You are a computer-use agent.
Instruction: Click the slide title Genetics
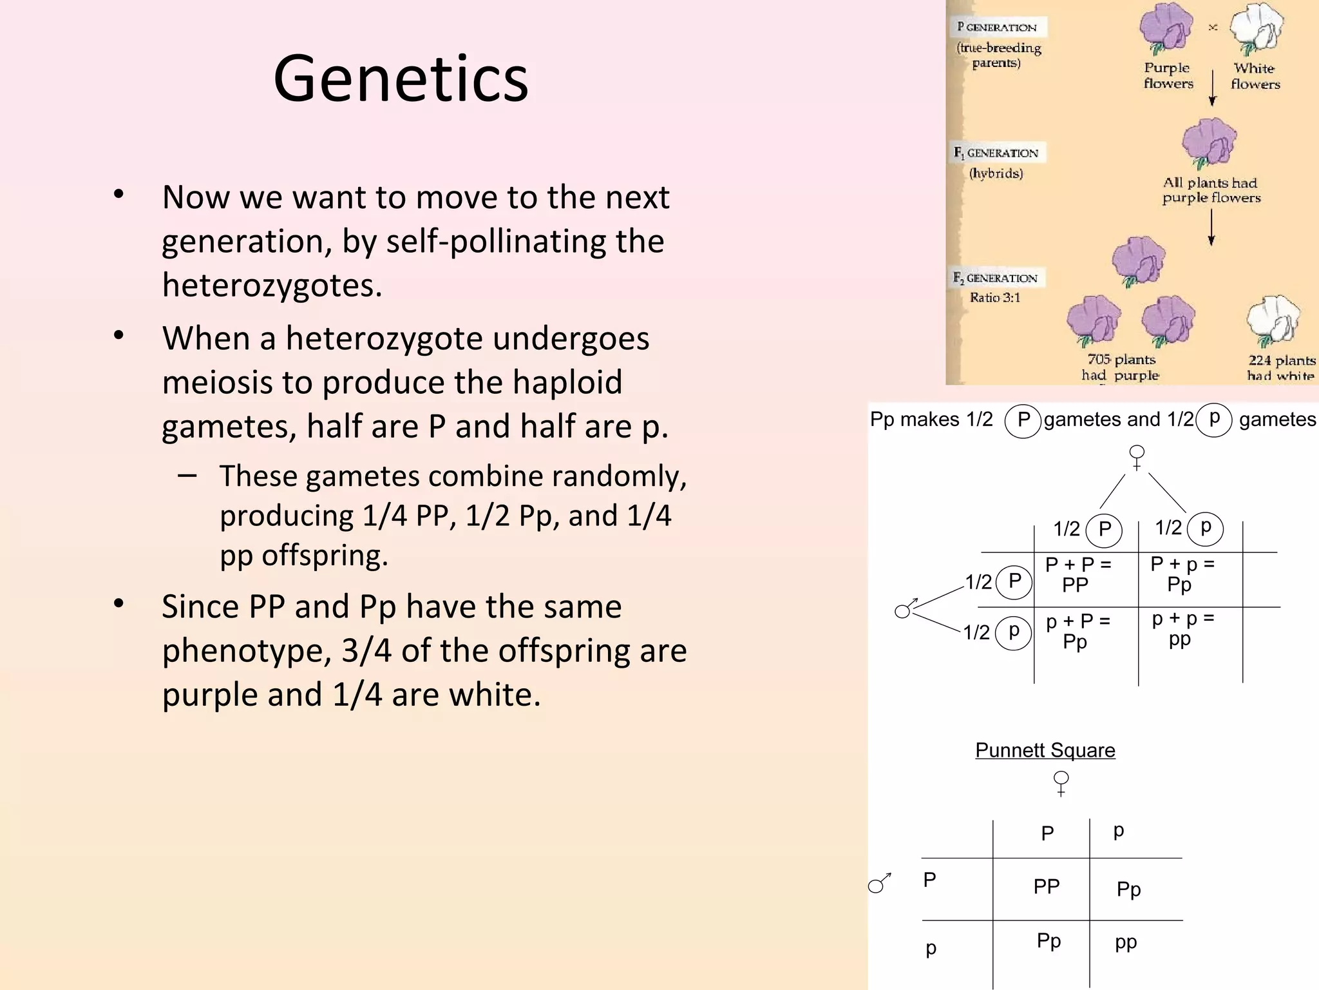point(401,79)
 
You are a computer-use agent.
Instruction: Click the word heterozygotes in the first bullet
point(272,285)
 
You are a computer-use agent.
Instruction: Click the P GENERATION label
point(996,27)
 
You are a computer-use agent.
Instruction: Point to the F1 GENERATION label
point(996,153)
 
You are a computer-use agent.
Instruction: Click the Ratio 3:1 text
point(995,298)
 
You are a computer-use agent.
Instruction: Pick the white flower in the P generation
point(1256,29)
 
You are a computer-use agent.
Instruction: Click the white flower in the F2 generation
point(1273,320)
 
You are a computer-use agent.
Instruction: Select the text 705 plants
point(1121,360)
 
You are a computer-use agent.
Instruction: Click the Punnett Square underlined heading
point(1045,750)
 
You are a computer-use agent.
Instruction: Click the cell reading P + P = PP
point(1077,574)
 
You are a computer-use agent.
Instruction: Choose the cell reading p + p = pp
point(1182,629)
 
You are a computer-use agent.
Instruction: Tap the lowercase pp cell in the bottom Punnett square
point(1126,942)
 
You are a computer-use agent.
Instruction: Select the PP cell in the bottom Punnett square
point(1046,887)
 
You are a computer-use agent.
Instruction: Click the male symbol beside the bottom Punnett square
point(879,884)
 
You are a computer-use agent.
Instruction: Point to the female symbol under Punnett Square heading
point(1061,783)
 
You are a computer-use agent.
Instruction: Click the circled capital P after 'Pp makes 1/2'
point(1023,420)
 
